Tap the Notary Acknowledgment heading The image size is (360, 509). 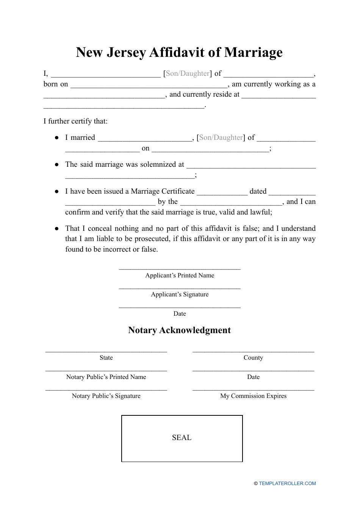pyautogui.click(x=179, y=330)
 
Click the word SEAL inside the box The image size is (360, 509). pyautogui.click(x=182, y=437)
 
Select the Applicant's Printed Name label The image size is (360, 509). pyautogui.click(x=180, y=276)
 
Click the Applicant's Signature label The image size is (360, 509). pyautogui.click(x=180, y=294)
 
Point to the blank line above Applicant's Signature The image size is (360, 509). pyautogui.click(x=180, y=288)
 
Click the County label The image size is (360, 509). pyautogui.click(x=253, y=358)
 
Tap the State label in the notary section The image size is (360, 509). pyautogui.click(x=106, y=358)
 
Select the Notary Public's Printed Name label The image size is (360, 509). pyautogui.click(x=106, y=377)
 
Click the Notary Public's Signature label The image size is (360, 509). pyautogui.click(x=106, y=396)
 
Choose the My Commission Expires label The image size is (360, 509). pyautogui.click(x=253, y=396)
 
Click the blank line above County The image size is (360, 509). pyautogui.click(x=253, y=352)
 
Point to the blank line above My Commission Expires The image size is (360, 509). pyautogui.click(x=253, y=390)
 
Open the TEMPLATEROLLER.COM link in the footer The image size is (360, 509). pyautogui.click(x=287, y=484)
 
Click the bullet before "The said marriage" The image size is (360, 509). pyautogui.click(x=57, y=164)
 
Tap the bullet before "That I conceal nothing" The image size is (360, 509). pyautogui.click(x=57, y=229)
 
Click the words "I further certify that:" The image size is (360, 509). pyautogui.click(x=75, y=121)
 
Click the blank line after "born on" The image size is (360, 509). pyautogui.click(x=149, y=87)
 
